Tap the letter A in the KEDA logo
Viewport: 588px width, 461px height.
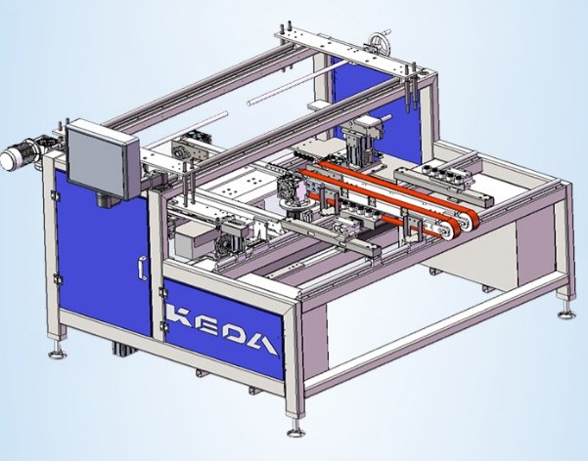click(263, 344)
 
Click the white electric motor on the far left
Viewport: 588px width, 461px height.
click(16, 154)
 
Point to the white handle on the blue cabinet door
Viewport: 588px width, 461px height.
click(143, 269)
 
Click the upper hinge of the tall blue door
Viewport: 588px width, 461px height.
click(55, 195)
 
